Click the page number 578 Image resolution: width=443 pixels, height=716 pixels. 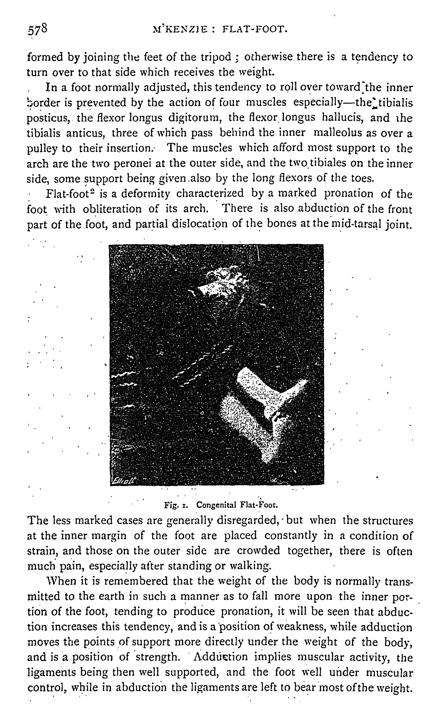pos(37,29)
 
